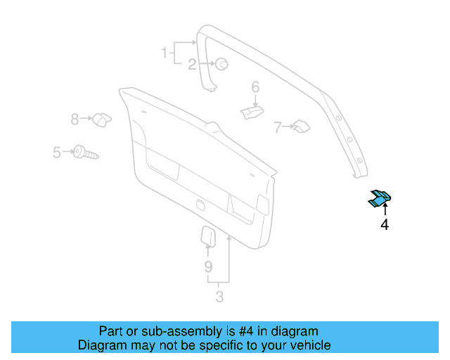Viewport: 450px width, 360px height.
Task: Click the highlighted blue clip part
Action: click(x=380, y=199)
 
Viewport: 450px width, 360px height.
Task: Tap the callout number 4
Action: click(x=384, y=225)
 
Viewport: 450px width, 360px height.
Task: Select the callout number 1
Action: click(x=165, y=52)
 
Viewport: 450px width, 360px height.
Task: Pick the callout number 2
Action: click(x=191, y=65)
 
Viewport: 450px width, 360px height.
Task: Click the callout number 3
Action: click(x=219, y=297)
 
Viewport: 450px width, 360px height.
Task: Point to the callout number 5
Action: click(x=56, y=150)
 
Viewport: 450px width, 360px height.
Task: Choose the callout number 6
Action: click(x=255, y=87)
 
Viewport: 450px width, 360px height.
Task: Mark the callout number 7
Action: click(x=278, y=127)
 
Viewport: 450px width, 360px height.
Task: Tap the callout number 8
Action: click(x=75, y=120)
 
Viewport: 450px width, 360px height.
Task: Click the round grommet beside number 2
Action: click(x=220, y=64)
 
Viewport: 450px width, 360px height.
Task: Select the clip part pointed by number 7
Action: click(x=301, y=127)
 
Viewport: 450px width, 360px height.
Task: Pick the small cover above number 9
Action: click(x=209, y=235)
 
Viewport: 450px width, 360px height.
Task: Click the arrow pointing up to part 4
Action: click(x=385, y=210)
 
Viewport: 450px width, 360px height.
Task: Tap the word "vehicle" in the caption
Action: click(x=309, y=345)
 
